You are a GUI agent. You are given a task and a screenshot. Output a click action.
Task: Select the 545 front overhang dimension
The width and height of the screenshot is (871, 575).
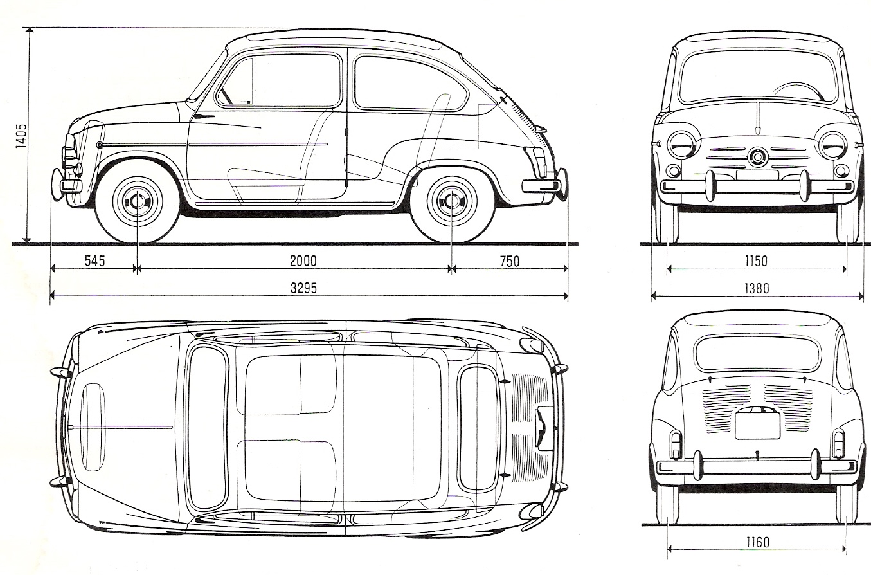click(94, 260)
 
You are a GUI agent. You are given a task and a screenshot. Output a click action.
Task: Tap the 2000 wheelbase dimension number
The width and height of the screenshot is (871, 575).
click(303, 260)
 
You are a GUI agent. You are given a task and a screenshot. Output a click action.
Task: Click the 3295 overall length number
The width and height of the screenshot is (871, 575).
click(303, 288)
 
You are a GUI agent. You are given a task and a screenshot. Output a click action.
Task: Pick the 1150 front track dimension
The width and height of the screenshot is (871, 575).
click(756, 261)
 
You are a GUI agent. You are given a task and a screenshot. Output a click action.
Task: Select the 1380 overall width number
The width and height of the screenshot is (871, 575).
click(756, 289)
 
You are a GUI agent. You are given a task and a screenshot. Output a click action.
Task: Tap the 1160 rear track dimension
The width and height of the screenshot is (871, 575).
click(758, 542)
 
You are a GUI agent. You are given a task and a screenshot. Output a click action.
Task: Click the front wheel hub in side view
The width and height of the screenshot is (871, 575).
click(138, 201)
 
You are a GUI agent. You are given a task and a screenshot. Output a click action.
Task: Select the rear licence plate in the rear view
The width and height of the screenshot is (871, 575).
click(757, 424)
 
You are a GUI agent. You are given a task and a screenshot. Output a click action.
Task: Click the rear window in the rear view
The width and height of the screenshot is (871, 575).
click(757, 353)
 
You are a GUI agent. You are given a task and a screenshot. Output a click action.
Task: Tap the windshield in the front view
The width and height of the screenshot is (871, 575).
click(757, 76)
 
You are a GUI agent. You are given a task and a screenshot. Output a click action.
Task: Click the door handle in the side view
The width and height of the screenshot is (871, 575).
click(204, 116)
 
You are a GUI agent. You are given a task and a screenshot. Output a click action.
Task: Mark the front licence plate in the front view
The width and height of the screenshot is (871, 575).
click(757, 174)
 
